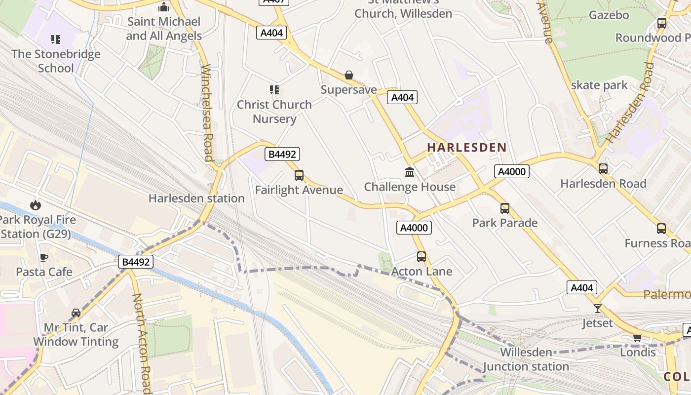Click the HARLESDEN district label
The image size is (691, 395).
coord(467,147)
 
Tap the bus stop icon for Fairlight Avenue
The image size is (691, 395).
coord(299,175)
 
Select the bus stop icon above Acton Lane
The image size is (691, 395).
coord(422,257)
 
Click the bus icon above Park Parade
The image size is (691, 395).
coord(504,208)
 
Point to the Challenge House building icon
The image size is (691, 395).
coord(410,172)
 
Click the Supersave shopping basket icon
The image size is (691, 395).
coord(349,75)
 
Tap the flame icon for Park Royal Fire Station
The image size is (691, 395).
coord(36,205)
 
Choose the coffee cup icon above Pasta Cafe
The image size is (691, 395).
coord(44,257)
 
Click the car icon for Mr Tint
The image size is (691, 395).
coord(76,313)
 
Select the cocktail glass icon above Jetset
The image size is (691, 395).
coord(598,309)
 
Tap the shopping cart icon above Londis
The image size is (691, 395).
coord(637,338)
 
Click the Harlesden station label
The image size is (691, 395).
coord(196,198)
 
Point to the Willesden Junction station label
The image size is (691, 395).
coord(526,359)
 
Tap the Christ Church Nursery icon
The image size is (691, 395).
coord(274,90)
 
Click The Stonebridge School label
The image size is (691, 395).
coord(56,61)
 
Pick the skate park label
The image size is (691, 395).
coord(599,85)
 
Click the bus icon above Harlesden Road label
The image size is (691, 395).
coord(603,169)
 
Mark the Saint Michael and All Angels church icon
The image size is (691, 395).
coord(164,7)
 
